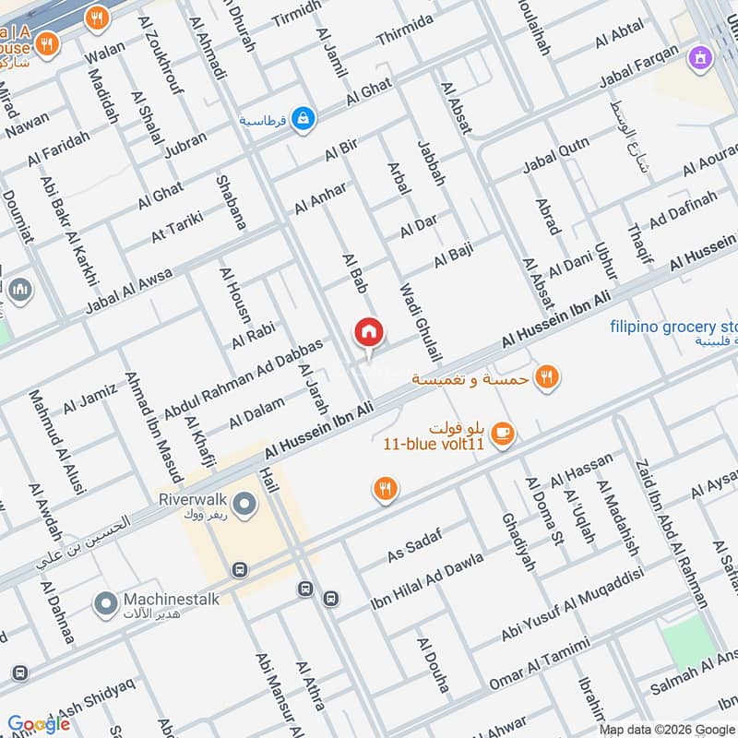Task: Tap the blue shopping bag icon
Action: click(x=303, y=118)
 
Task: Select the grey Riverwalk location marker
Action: click(x=244, y=504)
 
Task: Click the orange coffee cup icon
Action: click(x=502, y=434)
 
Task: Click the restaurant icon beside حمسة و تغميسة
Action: click(x=547, y=376)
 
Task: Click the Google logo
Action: click(x=39, y=723)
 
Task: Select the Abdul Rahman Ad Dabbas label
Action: click(x=244, y=378)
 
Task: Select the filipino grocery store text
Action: click(x=673, y=327)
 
